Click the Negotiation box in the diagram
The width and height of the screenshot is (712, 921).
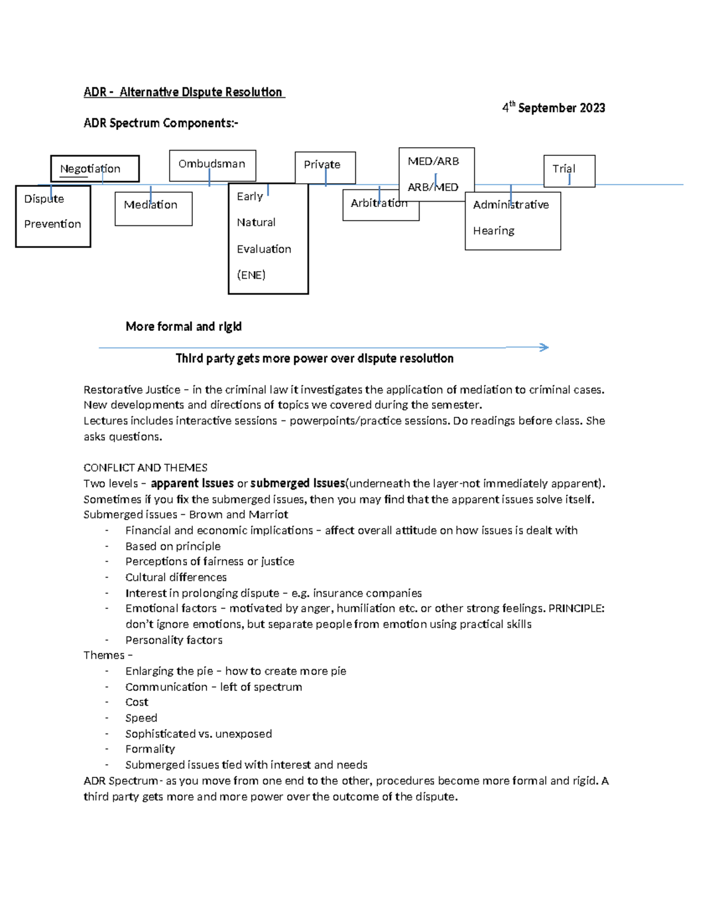tap(94, 169)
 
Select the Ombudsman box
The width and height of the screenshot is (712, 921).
tap(212, 165)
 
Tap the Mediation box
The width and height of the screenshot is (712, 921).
tap(152, 208)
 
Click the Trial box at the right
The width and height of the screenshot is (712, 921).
tap(568, 171)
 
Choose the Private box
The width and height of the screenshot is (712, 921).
tap(325, 167)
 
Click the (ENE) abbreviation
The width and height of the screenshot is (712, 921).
tap(251, 275)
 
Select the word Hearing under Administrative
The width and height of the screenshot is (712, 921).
tap(494, 231)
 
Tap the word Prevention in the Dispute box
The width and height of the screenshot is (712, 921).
tap(52, 224)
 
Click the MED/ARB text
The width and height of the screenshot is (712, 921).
tap(433, 161)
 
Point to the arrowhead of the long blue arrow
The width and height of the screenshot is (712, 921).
tap(543, 348)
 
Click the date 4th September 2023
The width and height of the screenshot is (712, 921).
tap(554, 108)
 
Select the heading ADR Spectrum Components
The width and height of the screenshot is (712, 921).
tap(161, 123)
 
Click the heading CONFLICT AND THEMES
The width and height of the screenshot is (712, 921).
tap(145, 468)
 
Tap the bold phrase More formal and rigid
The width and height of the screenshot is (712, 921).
tap(183, 327)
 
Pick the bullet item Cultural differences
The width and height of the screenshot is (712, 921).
tap(176, 578)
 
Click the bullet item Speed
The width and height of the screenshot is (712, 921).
tap(141, 718)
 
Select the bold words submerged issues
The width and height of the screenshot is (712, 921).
tap(297, 483)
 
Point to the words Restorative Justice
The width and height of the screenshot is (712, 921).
tap(132, 390)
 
